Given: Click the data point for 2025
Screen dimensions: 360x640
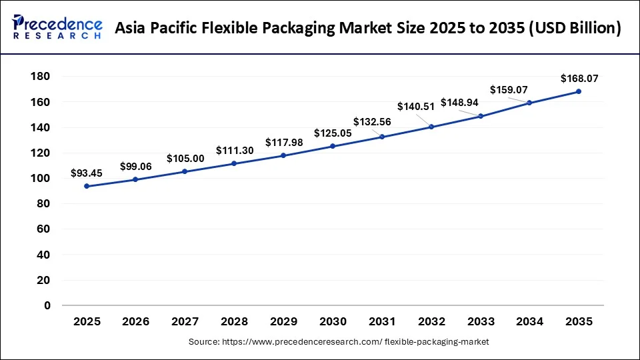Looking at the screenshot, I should [x=87, y=186].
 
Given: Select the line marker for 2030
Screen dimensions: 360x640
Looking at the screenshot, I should [x=333, y=146].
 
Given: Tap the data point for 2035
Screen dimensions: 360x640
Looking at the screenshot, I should [x=579, y=91].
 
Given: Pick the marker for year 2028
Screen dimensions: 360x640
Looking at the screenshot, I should [x=234, y=163].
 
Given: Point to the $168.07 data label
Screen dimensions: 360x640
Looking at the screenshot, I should [x=579, y=79].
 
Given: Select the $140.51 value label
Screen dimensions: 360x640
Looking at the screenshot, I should [x=415, y=107].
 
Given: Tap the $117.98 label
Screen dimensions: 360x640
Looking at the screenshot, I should [x=284, y=143].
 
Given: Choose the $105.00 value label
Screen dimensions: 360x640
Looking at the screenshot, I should [x=185, y=159].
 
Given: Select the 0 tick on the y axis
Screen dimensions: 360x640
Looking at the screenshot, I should [x=47, y=306].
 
